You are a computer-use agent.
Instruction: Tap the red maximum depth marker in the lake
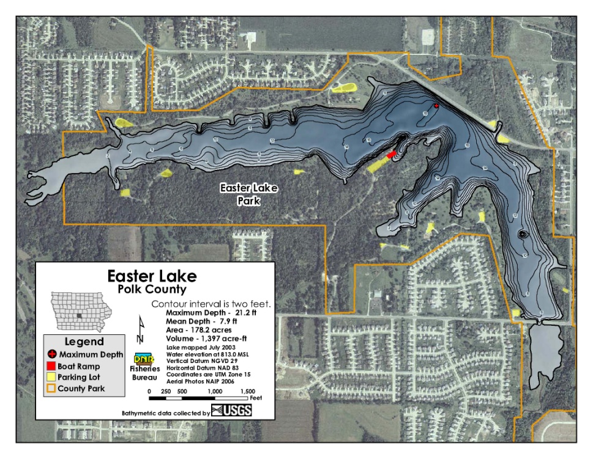436,106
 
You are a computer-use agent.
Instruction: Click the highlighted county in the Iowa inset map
80,315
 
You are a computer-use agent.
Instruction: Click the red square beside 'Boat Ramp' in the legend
52,365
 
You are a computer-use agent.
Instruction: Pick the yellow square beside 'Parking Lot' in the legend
52,376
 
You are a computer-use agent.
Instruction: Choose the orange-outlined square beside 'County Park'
52,387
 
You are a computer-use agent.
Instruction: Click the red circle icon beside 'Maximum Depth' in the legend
52,354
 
